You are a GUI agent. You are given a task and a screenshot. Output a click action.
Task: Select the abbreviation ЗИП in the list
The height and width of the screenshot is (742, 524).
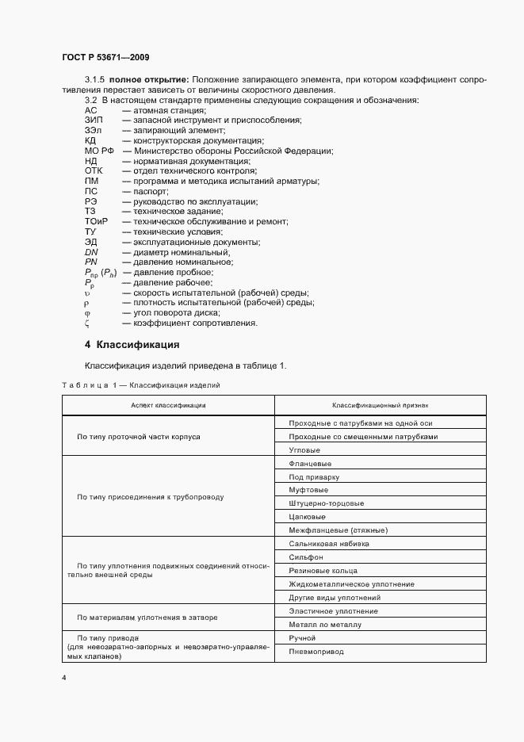pyautogui.click(x=92, y=120)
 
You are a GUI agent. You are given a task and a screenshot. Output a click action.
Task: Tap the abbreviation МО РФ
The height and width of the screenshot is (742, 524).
pyautogui.click(x=99, y=151)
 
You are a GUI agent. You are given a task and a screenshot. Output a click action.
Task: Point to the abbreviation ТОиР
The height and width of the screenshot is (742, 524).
pyautogui.click(x=96, y=222)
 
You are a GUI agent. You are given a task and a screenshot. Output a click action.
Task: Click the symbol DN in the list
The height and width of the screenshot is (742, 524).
pyautogui.click(x=90, y=252)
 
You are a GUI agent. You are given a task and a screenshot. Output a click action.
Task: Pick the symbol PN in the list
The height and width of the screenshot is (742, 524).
pyautogui.click(x=90, y=262)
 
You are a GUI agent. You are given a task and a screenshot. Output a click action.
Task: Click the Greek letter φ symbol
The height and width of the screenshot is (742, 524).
pyautogui.click(x=87, y=312)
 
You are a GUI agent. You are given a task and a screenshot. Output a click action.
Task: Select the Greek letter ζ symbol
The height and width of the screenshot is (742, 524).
pyautogui.click(x=86, y=323)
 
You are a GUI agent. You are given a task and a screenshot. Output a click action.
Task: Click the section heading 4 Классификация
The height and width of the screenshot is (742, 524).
pyautogui.click(x=132, y=346)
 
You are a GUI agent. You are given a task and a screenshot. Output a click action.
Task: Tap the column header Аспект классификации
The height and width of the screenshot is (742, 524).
pyautogui.click(x=168, y=405)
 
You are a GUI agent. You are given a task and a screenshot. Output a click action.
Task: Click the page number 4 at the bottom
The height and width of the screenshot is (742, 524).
pyautogui.click(x=63, y=679)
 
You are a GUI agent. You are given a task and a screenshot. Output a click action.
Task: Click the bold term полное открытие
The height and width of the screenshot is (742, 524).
pyautogui.click(x=148, y=80)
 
